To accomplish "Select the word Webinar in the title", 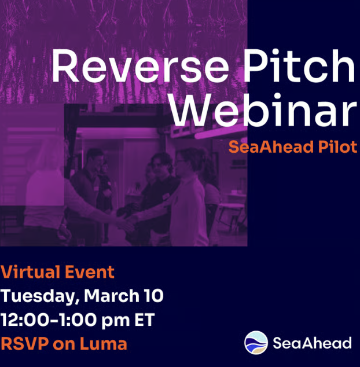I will click(264, 110).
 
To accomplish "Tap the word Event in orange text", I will click(91, 271).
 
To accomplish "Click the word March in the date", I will click(112, 296).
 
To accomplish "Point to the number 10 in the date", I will click(153, 296).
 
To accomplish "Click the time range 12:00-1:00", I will click(53, 320).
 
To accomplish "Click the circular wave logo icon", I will click(256, 343).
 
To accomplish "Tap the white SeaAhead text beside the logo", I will click(312, 343).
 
